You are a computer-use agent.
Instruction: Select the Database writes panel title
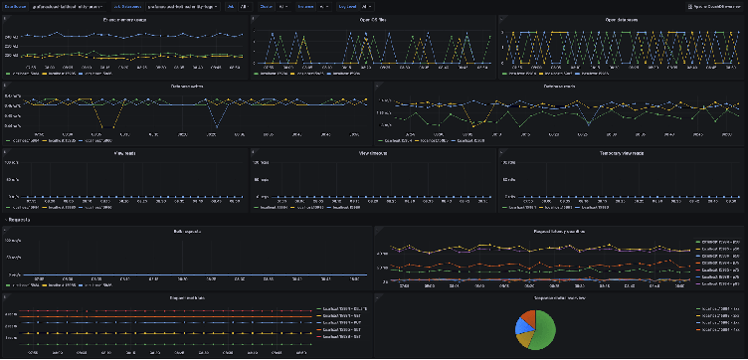(x=186, y=86)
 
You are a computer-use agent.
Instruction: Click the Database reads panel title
(x=559, y=86)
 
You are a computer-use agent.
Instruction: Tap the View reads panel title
(x=123, y=153)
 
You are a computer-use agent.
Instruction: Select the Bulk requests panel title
(x=186, y=230)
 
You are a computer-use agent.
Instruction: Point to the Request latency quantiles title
(x=559, y=230)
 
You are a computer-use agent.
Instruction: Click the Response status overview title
(x=559, y=296)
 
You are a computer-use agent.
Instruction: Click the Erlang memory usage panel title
(x=123, y=20)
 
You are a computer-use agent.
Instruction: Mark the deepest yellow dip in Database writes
(x=98, y=127)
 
